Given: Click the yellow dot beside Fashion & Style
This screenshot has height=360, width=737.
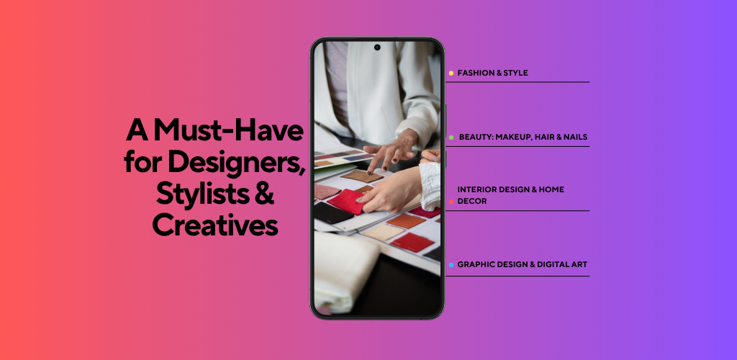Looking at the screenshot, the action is coord(451,73).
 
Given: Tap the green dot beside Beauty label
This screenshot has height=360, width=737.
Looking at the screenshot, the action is coord(451,138).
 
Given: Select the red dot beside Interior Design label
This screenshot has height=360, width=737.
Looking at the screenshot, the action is coord(451,202).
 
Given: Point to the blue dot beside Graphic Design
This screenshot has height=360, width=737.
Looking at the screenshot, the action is coord(451,265).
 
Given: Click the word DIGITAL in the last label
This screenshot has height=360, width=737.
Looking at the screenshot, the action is coord(553,264).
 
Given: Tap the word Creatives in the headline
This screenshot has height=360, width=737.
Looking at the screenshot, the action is coord(215,225).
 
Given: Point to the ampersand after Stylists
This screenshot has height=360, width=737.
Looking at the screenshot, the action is coord(265,194).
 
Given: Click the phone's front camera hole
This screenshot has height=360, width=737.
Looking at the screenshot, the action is coord(377,48).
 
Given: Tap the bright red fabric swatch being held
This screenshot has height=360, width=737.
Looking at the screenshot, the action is coord(348,202).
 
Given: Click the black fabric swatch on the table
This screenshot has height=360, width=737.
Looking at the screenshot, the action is coord(332,213).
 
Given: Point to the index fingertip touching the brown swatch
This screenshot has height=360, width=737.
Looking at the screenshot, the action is coord(370,173).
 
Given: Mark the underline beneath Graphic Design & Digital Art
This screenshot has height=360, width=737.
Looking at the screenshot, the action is coord(517,276).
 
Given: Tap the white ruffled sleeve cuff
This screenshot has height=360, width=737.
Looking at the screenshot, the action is coord(430,186).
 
